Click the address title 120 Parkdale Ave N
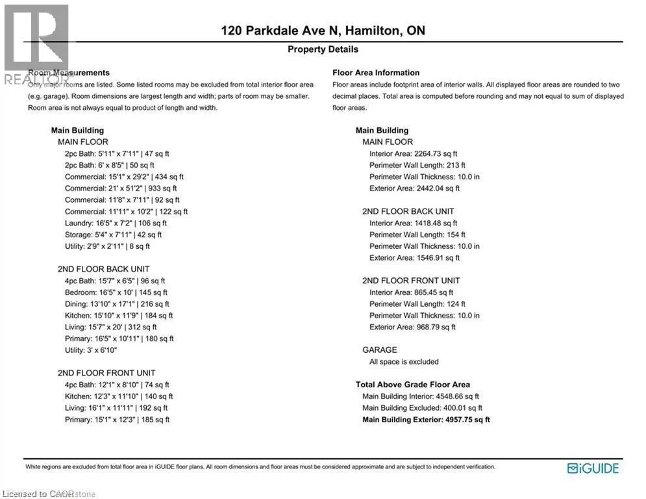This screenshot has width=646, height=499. point(323,31)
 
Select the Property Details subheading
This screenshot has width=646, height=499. point(323,49)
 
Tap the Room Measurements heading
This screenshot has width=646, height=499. point(69,73)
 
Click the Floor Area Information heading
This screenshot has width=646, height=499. point(376,73)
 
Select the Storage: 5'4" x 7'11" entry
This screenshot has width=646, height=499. point(113,235)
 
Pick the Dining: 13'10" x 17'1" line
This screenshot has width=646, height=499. point(117,304)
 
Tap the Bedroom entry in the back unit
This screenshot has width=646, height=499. point(116,292)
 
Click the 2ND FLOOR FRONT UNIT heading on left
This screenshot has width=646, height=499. point(106,373)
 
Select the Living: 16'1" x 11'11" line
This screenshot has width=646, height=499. point(116,408)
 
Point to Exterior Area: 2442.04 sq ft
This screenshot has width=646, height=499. point(414,188)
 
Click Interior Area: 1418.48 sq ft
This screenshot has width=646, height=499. point(413,223)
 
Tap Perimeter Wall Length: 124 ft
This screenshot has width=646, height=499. point(417,304)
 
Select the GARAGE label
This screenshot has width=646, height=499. point(379,350)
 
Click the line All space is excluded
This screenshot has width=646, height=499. point(404,362)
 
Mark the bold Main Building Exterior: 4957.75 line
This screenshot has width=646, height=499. point(426,420)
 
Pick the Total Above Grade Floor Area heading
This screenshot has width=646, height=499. point(413,385)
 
